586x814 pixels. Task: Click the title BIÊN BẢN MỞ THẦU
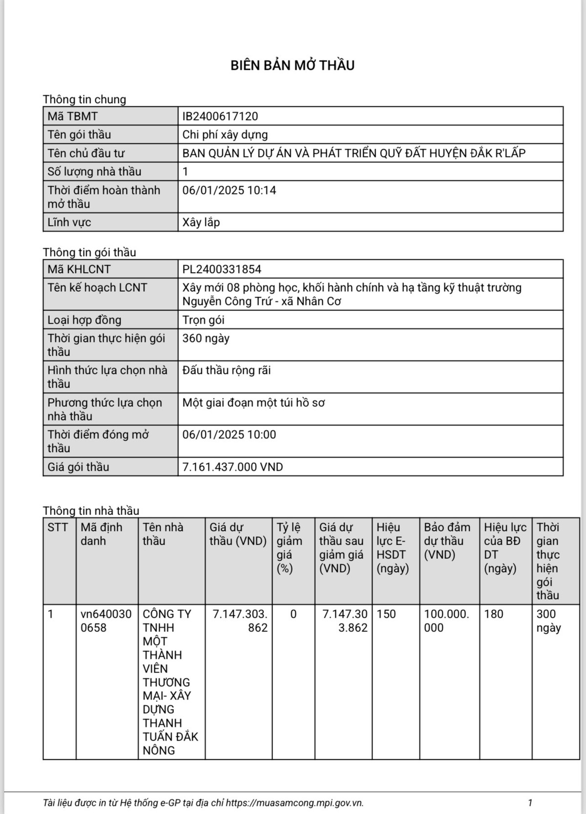coord(293,65)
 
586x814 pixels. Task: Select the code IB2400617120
coord(220,116)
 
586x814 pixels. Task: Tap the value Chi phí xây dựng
coord(225,135)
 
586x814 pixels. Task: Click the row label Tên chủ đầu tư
coord(86,153)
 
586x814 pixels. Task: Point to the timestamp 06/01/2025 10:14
coord(229,190)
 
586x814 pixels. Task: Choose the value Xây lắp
coord(201,222)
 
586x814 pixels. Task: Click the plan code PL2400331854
coord(222,269)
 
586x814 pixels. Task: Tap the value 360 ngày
coord(206,338)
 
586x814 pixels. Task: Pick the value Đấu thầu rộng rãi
coord(227,370)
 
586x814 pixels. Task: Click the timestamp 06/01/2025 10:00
coord(229,434)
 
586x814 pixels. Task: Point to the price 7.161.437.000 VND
coord(232,467)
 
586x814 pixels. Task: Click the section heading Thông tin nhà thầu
coord(91,511)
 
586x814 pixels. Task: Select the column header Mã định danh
coord(102,534)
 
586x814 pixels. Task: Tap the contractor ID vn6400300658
coord(106,621)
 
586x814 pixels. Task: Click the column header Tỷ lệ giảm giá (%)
coord(290,548)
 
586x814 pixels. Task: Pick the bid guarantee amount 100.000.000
coord(446,621)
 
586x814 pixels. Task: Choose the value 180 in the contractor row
coord(494,614)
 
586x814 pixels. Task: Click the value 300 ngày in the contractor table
coord(548,621)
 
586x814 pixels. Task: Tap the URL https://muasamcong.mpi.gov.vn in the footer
coord(294,803)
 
